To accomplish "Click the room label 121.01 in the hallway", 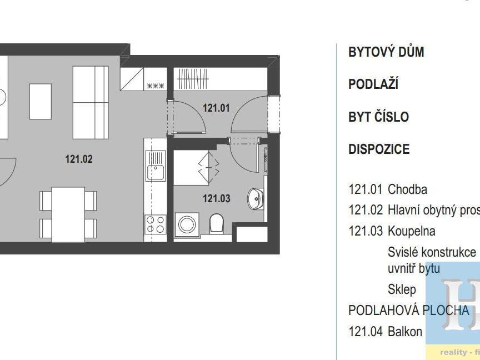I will tap(216, 108).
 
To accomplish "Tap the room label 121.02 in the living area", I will tap(79, 159).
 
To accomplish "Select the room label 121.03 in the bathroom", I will tap(216, 198).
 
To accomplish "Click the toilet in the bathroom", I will tap(216, 224).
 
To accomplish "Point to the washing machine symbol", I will tap(186, 224).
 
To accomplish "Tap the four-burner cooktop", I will tap(155, 224).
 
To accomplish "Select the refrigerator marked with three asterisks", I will tap(155, 86).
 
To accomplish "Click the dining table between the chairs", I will tap(68, 214).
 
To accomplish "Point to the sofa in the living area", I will tap(91, 102).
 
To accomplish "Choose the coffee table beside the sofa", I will tap(41, 102).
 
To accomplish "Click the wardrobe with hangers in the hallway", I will tap(192, 79).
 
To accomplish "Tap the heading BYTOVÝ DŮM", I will tap(386, 52).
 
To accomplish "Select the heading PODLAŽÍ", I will tap(373, 84).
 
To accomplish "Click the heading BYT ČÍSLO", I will tap(378, 117).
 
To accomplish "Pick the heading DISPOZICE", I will tap(379, 149).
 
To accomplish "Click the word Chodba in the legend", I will tap(407, 189).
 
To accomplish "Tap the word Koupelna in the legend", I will tap(411, 231).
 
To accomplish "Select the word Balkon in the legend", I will tap(405, 332).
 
